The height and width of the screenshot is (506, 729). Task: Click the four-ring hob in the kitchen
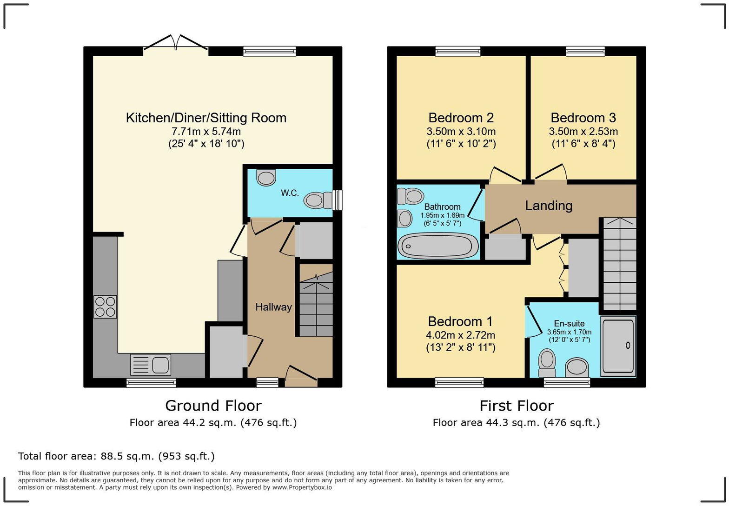105,306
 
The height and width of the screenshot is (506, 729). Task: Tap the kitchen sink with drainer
150,364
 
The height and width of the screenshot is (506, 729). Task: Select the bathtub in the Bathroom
438,246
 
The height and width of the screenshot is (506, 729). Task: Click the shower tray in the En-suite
618,346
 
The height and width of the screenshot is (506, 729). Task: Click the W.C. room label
290,193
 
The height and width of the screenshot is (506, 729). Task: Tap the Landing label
549,206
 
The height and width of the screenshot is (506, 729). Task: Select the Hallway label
273,307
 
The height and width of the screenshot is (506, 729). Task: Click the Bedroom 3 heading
583,118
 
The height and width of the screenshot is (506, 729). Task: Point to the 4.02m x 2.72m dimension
460,335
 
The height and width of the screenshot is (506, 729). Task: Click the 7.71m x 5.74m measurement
206,132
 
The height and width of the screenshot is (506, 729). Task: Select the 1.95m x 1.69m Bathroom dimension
442,215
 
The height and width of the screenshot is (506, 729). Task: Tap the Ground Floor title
213,406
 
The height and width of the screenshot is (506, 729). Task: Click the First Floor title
517,406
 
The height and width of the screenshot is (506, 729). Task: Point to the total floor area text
116,456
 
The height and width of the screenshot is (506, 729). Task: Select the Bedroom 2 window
458,51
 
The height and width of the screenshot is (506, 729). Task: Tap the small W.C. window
338,200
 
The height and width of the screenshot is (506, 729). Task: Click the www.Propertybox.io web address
302,487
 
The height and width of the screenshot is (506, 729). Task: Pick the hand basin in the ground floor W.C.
266,178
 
